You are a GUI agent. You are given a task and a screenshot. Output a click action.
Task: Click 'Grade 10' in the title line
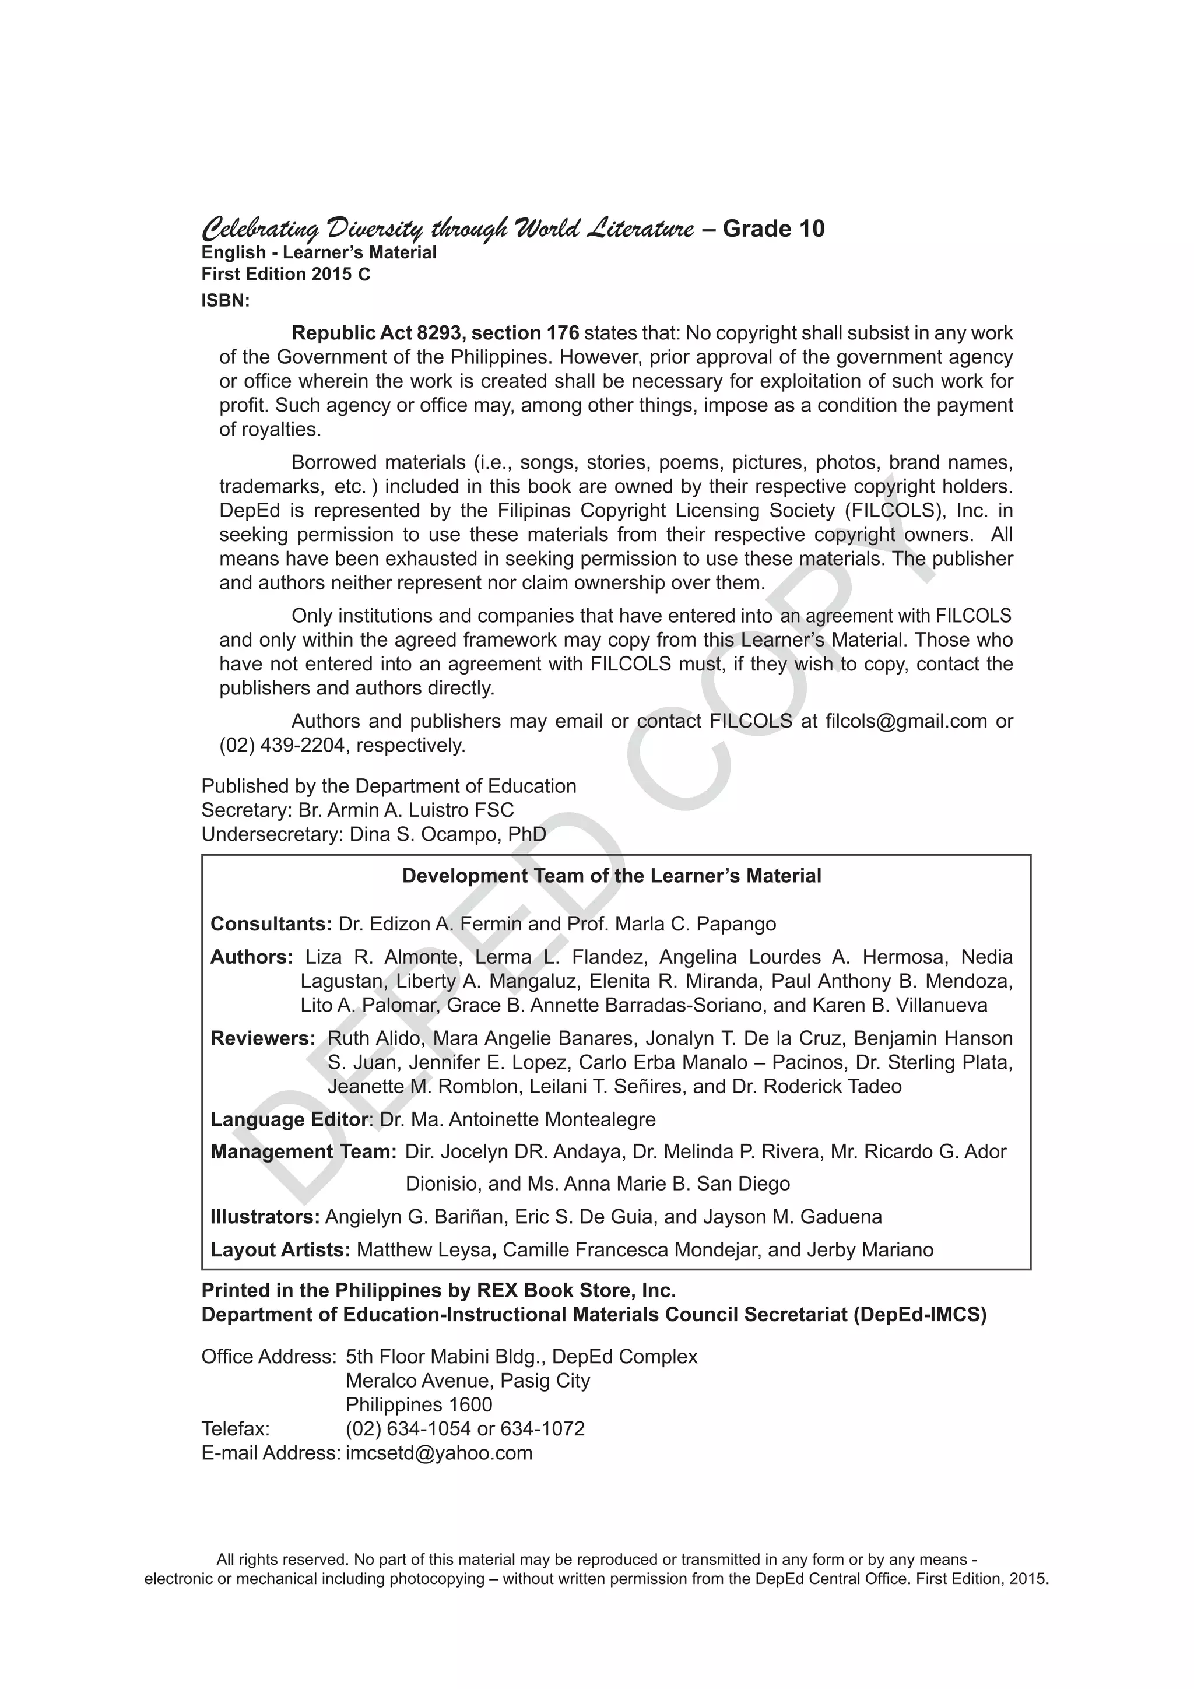[x=773, y=229]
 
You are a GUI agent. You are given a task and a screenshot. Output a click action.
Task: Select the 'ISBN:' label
[x=226, y=301]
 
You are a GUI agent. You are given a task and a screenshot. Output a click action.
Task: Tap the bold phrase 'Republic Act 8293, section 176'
[x=436, y=333]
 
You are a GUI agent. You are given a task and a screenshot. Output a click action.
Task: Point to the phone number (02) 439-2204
[x=282, y=745]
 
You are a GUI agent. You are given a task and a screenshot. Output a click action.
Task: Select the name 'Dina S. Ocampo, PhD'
[x=447, y=834]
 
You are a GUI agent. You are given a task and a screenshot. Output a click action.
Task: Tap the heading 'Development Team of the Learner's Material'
[x=612, y=875]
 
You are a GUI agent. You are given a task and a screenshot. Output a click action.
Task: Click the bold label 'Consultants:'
[x=271, y=923]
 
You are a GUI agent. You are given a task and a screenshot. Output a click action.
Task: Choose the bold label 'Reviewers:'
[x=262, y=1038]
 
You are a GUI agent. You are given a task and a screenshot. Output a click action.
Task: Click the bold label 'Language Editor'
[x=289, y=1119]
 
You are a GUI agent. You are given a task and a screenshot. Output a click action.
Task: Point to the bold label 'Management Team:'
[x=303, y=1151]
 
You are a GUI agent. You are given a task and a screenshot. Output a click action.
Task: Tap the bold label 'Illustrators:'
[x=265, y=1217]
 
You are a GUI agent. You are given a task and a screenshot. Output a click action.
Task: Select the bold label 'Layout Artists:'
[x=280, y=1250]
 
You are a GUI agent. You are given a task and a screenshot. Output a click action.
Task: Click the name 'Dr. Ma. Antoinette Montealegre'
[x=517, y=1119]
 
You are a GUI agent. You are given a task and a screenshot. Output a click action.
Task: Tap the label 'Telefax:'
[x=236, y=1428]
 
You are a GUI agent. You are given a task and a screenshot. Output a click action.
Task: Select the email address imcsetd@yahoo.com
[x=438, y=1453]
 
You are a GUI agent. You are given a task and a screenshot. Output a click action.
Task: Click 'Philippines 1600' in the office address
[x=419, y=1404]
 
